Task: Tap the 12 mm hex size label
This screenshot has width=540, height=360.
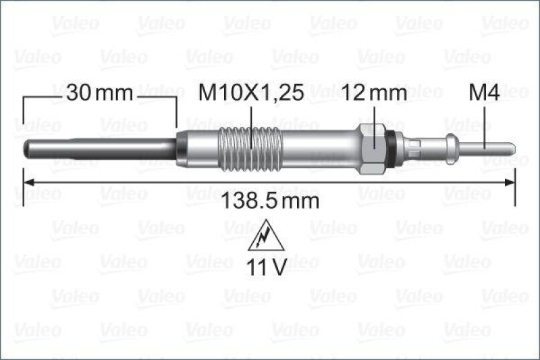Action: [x=375, y=94]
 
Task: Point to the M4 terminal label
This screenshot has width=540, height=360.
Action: [x=484, y=94]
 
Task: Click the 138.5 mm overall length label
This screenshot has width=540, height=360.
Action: [x=269, y=201]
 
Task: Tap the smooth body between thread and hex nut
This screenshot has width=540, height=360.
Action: [x=317, y=147]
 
